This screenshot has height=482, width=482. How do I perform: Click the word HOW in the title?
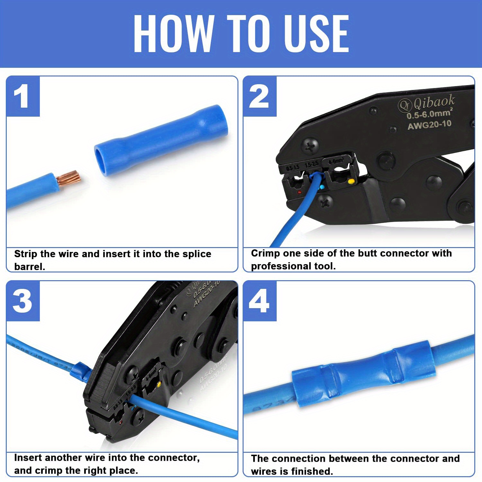(x=174, y=34)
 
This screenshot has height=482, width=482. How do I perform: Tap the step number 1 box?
(x=22, y=97)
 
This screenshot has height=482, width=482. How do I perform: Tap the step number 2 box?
(x=259, y=97)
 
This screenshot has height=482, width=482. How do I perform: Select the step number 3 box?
(x=22, y=301)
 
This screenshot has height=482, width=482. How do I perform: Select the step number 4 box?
(x=259, y=301)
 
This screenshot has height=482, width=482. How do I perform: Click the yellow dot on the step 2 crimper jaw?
(x=351, y=182)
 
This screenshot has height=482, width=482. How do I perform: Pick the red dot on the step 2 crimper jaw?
(x=299, y=192)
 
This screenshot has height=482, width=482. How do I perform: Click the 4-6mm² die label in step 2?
(x=336, y=161)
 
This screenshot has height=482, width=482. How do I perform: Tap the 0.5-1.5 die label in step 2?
(x=292, y=167)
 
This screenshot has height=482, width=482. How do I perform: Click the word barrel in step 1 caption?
(x=29, y=267)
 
